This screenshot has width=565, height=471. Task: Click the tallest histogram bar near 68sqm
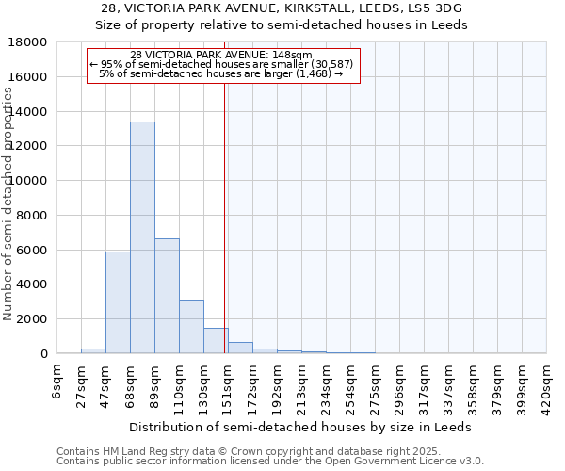142,237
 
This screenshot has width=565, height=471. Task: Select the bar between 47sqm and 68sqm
118,302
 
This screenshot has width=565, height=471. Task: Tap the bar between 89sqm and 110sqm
167,296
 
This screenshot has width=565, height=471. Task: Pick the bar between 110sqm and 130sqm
191,327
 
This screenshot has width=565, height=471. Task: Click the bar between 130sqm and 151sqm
216,340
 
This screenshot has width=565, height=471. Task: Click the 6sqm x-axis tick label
57,382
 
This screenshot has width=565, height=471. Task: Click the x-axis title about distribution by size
301,427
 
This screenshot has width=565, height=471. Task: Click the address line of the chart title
281,8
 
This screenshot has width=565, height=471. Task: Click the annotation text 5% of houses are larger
220,73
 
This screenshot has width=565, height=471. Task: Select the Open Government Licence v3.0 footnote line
269,462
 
